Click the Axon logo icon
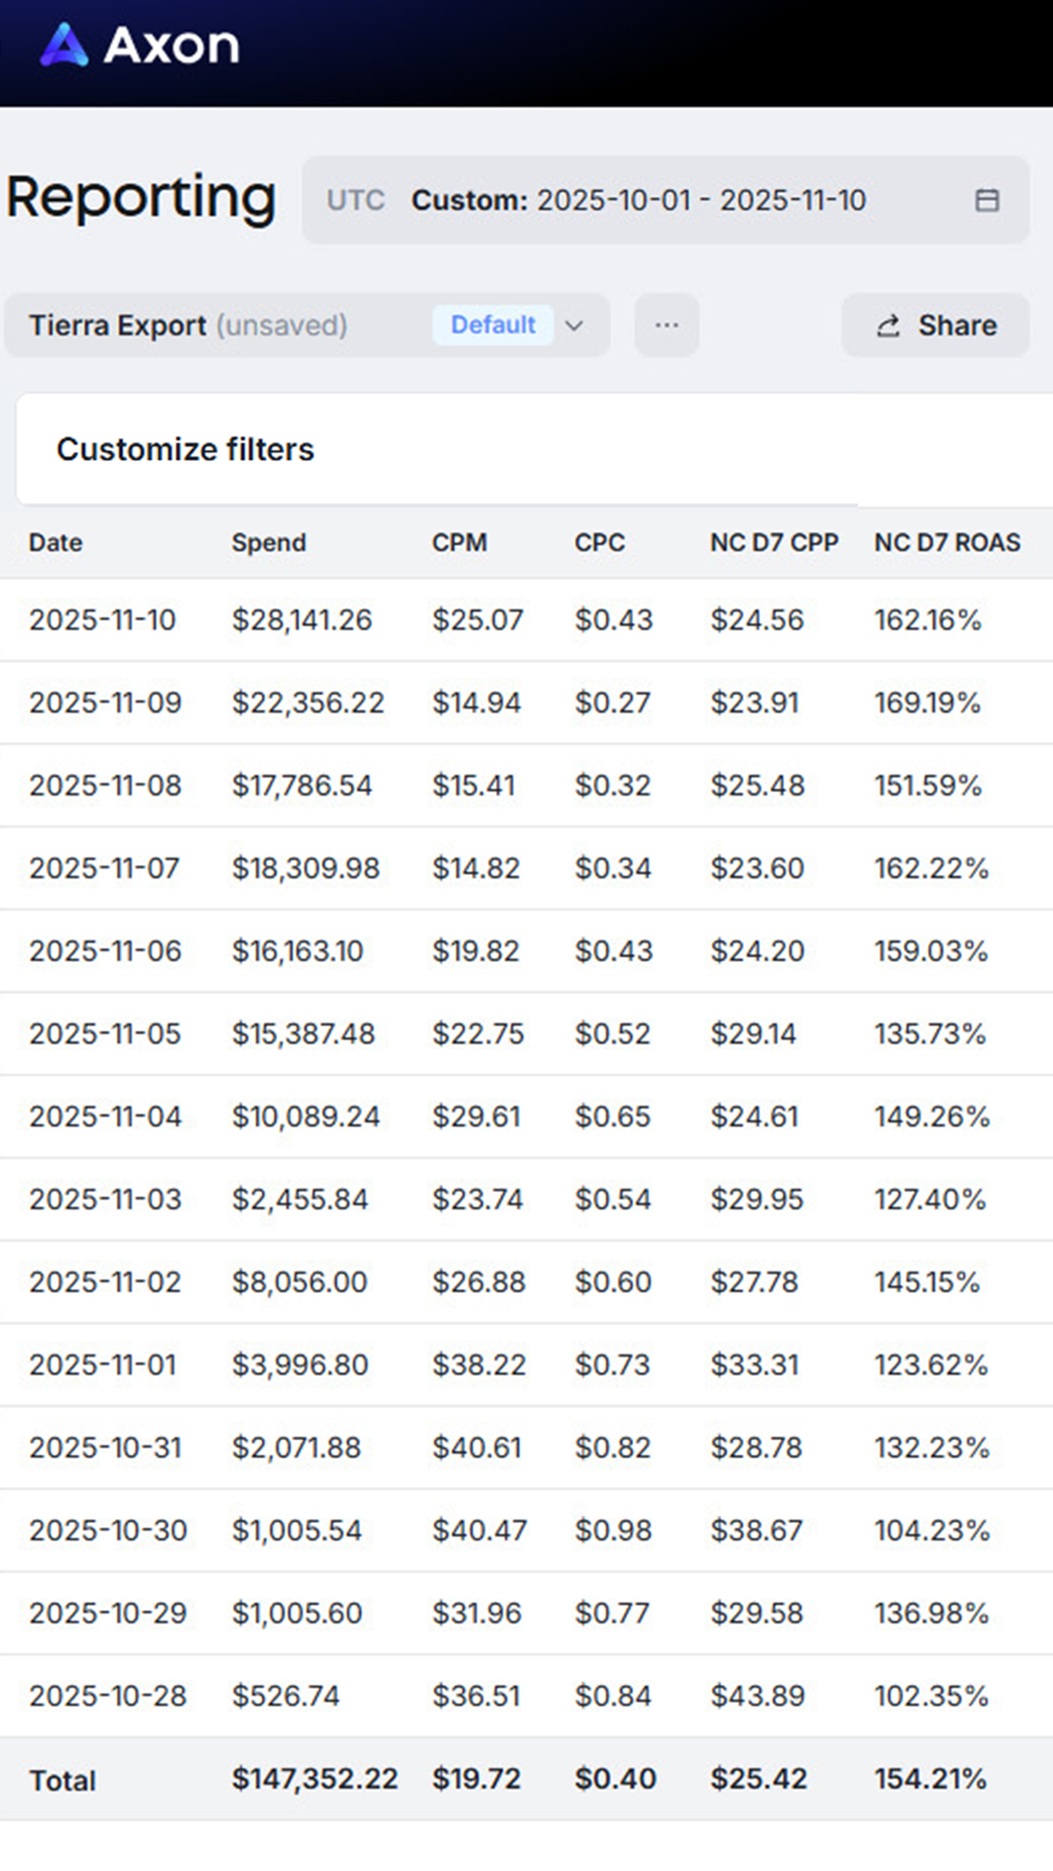(64, 45)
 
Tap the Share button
(935, 325)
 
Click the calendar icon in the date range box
(987, 201)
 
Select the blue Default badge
(492, 325)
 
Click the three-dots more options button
(667, 325)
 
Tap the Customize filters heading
(185, 449)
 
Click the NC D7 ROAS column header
(947, 543)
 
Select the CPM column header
(459, 543)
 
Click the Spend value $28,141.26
(301, 620)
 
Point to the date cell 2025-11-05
(105, 1034)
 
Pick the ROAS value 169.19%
(927, 703)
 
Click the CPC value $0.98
(613, 1531)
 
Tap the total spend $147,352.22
(314, 1779)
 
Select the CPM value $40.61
(477, 1448)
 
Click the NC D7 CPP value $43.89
(758, 1697)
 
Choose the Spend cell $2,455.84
(299, 1200)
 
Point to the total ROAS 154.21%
(930, 1779)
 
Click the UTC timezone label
(356, 201)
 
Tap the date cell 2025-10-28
(107, 1697)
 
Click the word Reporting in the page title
(141, 198)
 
